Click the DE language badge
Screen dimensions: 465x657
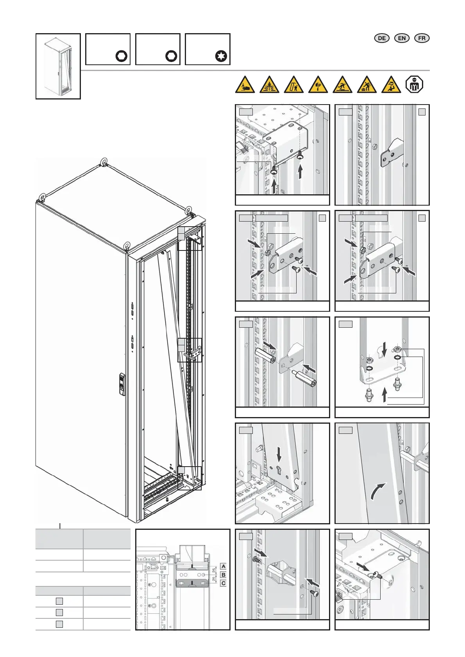382,38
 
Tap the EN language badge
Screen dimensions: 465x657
402,38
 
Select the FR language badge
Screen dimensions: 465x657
422,38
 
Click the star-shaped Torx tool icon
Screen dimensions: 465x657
221,56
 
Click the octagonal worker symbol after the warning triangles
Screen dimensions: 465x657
414,84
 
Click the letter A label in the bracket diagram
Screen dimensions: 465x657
223,566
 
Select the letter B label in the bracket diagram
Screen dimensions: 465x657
223,575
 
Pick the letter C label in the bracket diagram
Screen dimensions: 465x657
223,583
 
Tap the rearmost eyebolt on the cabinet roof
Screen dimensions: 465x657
105,162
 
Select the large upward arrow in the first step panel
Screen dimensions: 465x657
300,172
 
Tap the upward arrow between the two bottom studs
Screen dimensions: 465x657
385,394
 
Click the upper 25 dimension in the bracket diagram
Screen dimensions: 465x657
214,570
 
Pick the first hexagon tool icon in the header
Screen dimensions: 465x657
122,56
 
